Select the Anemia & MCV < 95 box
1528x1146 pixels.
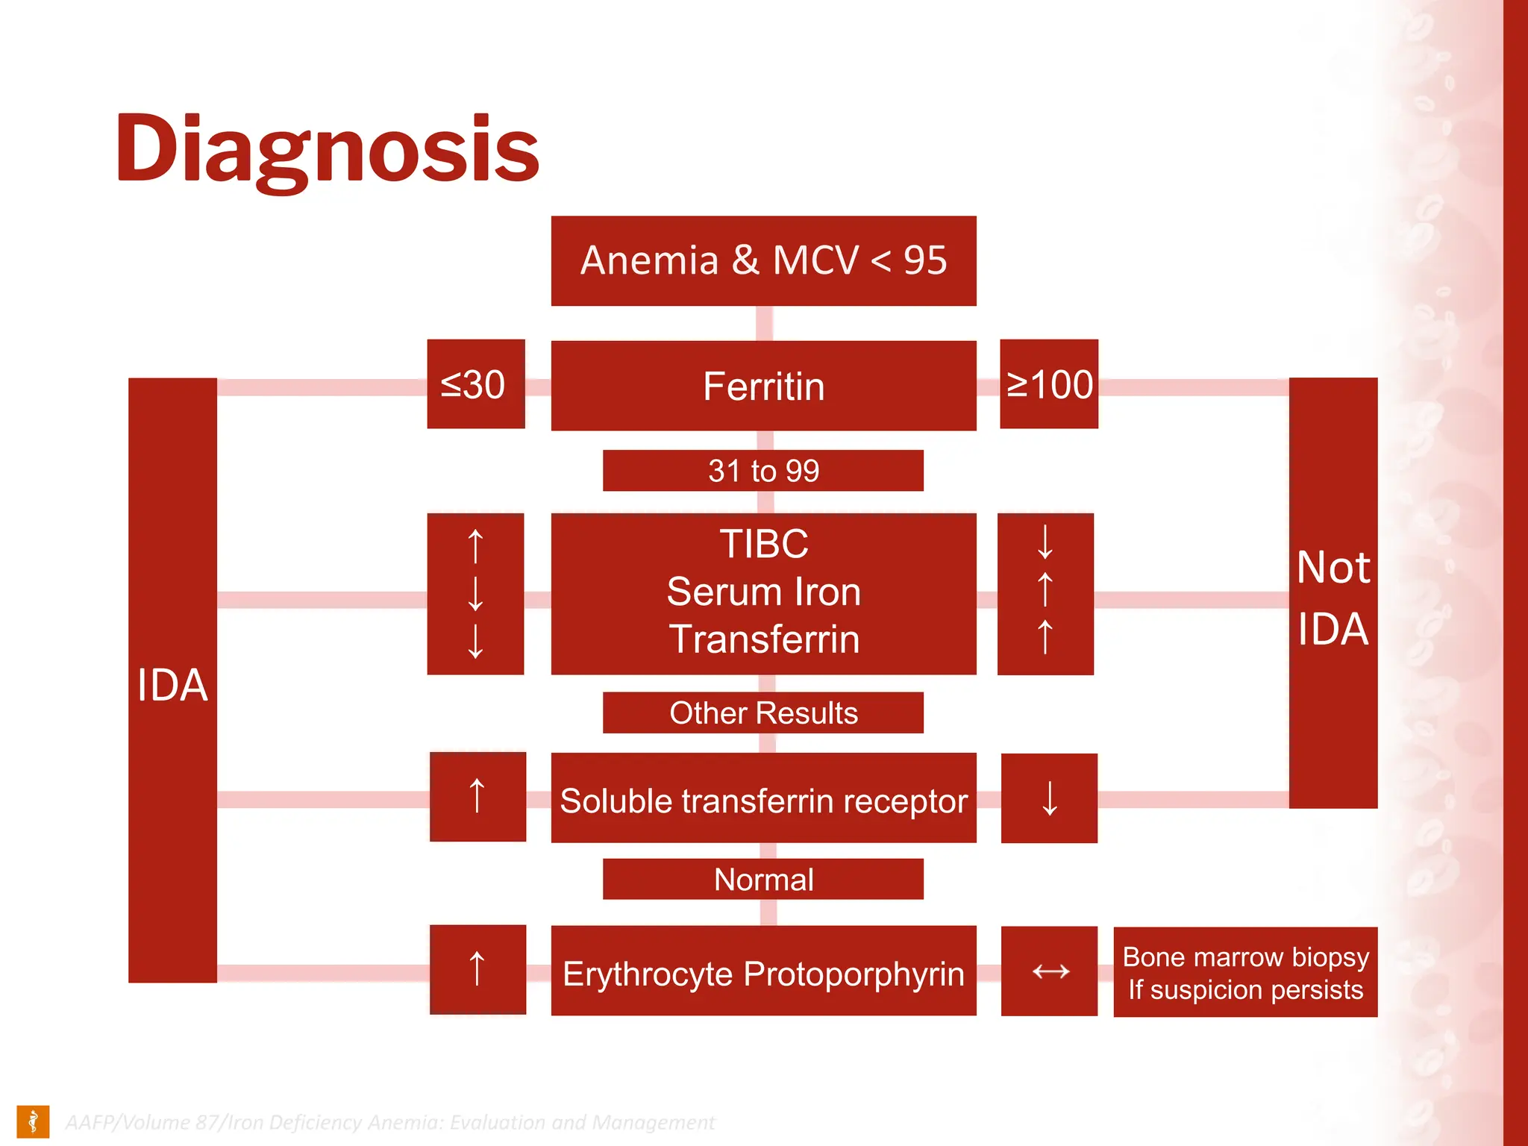pyautogui.click(x=763, y=261)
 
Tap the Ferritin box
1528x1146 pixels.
pyautogui.click(x=763, y=386)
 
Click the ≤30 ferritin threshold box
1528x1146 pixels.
pyautogui.click(x=475, y=384)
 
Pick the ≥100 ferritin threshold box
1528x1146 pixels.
pyautogui.click(x=1048, y=384)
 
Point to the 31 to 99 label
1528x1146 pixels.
pyautogui.click(x=763, y=471)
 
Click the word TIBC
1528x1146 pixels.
pyautogui.click(x=763, y=543)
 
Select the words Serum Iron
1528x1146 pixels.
pyautogui.click(x=763, y=592)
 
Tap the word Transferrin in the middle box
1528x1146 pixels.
pyautogui.click(x=763, y=639)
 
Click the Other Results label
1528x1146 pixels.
pyautogui.click(x=763, y=713)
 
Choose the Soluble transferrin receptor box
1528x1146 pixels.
pyautogui.click(x=763, y=800)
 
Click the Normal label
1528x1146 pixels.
pyautogui.click(x=763, y=880)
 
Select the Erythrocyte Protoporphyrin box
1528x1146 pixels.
pyautogui.click(x=763, y=973)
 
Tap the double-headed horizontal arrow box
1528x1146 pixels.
pyautogui.click(x=1050, y=971)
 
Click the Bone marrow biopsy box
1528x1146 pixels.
pyautogui.click(x=1245, y=972)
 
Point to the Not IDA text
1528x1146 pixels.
pyautogui.click(x=1333, y=597)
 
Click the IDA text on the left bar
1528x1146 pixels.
pyautogui.click(x=172, y=684)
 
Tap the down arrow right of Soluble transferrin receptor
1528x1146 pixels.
pyautogui.click(x=1050, y=798)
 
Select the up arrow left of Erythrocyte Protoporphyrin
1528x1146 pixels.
pyautogui.click(x=477, y=969)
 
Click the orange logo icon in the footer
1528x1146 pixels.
pyautogui.click(x=33, y=1121)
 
